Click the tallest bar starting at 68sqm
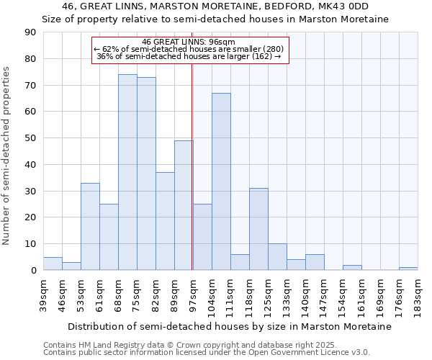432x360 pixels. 127,172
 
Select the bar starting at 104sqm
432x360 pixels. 221,181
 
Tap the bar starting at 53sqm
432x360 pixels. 90,226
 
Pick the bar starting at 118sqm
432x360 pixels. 258,229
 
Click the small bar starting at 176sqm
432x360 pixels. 408,269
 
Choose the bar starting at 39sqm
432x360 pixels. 53,264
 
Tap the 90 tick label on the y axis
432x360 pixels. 30,32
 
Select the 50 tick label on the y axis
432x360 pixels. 30,138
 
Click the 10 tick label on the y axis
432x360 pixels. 30,244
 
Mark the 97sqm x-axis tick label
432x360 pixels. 193,296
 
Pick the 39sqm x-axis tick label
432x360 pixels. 43,296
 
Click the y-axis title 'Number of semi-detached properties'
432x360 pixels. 7,156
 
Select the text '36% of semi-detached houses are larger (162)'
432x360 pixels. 189,56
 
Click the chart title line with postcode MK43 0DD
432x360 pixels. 215,6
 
